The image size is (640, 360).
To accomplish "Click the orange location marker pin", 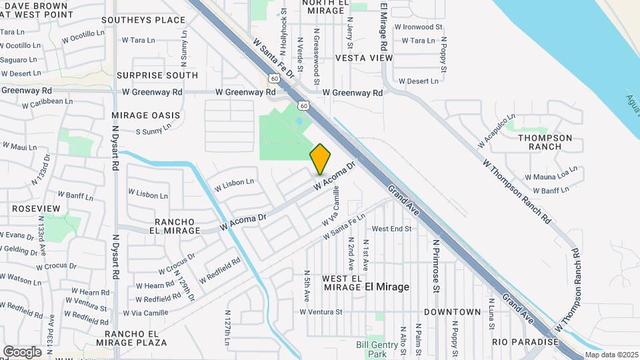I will click(x=321, y=159).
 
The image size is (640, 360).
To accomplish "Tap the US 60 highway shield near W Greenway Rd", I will click(x=303, y=105).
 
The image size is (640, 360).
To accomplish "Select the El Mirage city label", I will click(x=387, y=287).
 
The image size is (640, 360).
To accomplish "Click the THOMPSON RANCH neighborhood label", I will click(x=545, y=142).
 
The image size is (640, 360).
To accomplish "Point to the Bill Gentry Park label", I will click(x=371, y=349).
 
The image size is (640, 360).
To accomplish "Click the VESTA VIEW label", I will click(x=364, y=58).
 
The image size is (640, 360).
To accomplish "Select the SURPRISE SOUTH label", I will click(x=157, y=75).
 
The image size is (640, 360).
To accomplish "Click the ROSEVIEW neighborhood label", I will click(x=36, y=209).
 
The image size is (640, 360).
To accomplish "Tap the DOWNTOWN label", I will click(x=452, y=312).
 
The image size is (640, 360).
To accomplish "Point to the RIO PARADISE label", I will click(x=525, y=342).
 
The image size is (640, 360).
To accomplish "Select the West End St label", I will click(x=392, y=229).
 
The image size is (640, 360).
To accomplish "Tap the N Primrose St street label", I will click(x=436, y=267).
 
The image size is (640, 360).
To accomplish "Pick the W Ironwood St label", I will click(x=418, y=27).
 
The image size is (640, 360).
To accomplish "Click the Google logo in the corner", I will click(x=23, y=351).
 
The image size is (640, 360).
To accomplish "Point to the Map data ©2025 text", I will click(x=611, y=355).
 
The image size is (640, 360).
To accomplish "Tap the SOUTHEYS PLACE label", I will click(x=153, y=20).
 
